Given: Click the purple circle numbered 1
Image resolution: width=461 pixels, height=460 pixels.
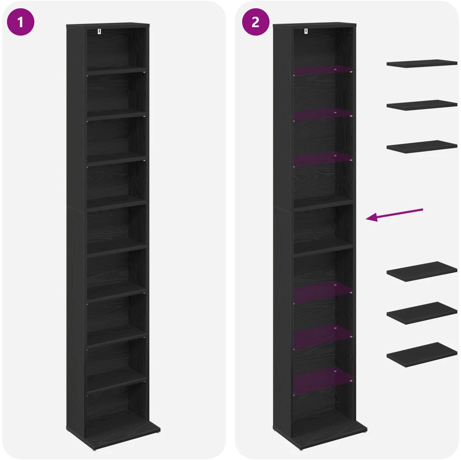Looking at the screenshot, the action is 20,22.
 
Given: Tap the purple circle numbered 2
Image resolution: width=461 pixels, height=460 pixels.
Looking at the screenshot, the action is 256,22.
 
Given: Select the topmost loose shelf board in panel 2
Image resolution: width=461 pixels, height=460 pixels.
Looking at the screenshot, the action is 422,63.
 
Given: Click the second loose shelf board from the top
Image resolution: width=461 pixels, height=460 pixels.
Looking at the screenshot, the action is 422,105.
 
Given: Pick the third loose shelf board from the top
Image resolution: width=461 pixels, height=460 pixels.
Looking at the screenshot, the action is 422,147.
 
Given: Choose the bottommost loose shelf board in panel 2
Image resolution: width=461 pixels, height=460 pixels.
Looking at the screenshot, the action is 422,355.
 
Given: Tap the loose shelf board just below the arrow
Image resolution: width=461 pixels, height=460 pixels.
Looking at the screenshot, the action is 422,271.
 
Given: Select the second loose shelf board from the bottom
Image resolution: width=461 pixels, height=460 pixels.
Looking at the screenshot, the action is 422,313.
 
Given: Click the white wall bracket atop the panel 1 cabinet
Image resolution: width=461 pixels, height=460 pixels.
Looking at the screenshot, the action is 99,32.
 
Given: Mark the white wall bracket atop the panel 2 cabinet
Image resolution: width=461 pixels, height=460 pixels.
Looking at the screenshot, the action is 306,31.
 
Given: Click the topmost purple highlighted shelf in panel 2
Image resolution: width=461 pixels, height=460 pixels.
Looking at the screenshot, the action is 323,70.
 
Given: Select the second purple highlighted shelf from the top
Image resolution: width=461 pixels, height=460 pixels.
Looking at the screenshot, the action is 323,115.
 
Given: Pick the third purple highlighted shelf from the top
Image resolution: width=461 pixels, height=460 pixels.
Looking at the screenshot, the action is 323,159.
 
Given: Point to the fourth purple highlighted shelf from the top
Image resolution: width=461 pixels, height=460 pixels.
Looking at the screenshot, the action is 323,292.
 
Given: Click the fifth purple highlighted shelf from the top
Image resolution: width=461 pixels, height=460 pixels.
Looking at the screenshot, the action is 323,337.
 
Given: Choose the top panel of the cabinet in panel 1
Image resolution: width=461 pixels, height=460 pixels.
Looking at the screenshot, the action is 108,25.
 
